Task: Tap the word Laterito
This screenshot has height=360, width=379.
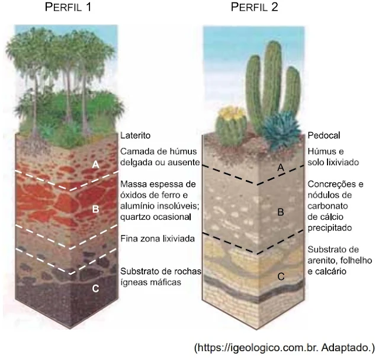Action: pos(137,135)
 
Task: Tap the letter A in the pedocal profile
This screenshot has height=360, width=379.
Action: pos(281,168)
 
